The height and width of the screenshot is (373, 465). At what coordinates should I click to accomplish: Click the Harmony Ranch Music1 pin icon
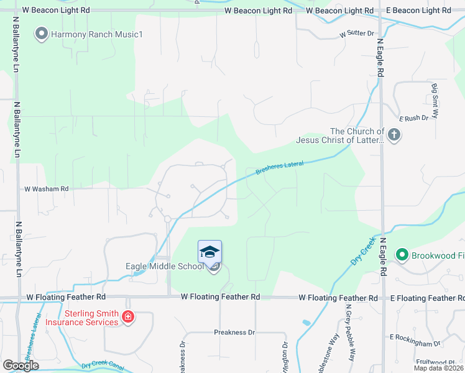42,34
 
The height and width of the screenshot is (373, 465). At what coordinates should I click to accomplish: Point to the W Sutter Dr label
358,34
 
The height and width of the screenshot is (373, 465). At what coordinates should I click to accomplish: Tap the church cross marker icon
394,134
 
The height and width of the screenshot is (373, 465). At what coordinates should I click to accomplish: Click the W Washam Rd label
46,188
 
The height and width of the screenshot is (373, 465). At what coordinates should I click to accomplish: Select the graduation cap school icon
209,252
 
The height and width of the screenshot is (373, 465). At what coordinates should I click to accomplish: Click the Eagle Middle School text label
164,266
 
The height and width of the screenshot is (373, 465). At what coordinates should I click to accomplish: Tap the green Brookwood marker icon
402,254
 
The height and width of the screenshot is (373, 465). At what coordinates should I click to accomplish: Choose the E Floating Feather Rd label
427,298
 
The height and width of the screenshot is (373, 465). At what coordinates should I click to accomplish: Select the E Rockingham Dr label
415,340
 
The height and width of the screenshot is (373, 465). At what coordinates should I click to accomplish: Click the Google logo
21,366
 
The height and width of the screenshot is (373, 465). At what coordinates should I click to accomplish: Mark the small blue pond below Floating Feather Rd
305,323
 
